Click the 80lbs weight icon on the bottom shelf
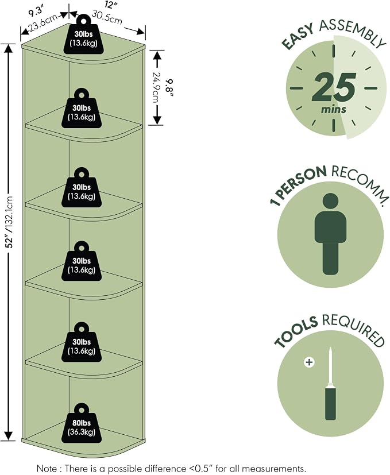pos(82,423)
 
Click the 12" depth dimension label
pos(110,5)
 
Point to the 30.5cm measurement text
pos(107,17)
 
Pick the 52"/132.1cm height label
pos(9,222)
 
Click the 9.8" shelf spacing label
pos(171,88)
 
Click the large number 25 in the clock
pos(334,88)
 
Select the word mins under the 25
pos(334,109)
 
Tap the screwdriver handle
pos(331,401)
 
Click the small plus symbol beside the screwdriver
pos(309,362)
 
